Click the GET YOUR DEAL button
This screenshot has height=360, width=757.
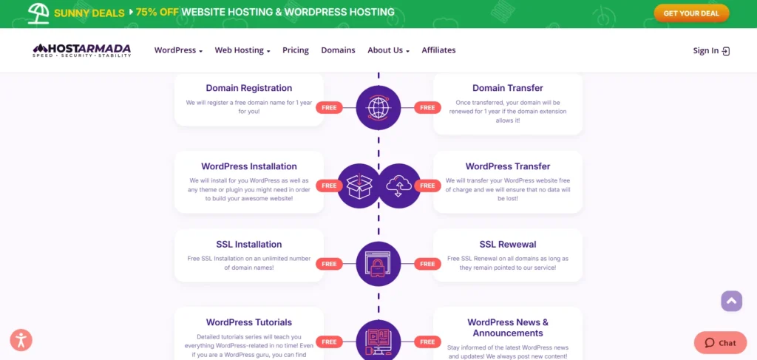coord(691,13)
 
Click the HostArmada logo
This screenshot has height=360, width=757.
coord(82,50)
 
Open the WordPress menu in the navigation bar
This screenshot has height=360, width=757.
coord(178,50)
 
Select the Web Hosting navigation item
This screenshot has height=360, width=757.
coord(242,50)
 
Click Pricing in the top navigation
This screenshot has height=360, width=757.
coord(296,50)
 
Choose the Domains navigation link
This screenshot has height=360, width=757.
coord(338,50)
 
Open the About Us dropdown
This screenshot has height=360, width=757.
coord(388,50)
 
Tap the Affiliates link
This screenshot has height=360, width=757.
coord(438,50)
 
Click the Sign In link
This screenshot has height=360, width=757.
coord(711,51)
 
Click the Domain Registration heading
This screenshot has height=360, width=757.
coord(249,88)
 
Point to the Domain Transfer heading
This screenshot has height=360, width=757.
coord(508,88)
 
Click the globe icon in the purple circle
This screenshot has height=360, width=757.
coord(378,108)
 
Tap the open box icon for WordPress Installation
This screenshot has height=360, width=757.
coord(359,186)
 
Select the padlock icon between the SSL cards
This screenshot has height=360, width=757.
coord(378,264)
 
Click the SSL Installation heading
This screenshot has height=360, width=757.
coord(249,245)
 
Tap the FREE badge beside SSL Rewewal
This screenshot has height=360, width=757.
coord(427,264)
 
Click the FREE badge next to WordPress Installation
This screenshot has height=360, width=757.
coord(329,186)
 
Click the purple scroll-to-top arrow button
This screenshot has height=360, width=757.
coord(731,301)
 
